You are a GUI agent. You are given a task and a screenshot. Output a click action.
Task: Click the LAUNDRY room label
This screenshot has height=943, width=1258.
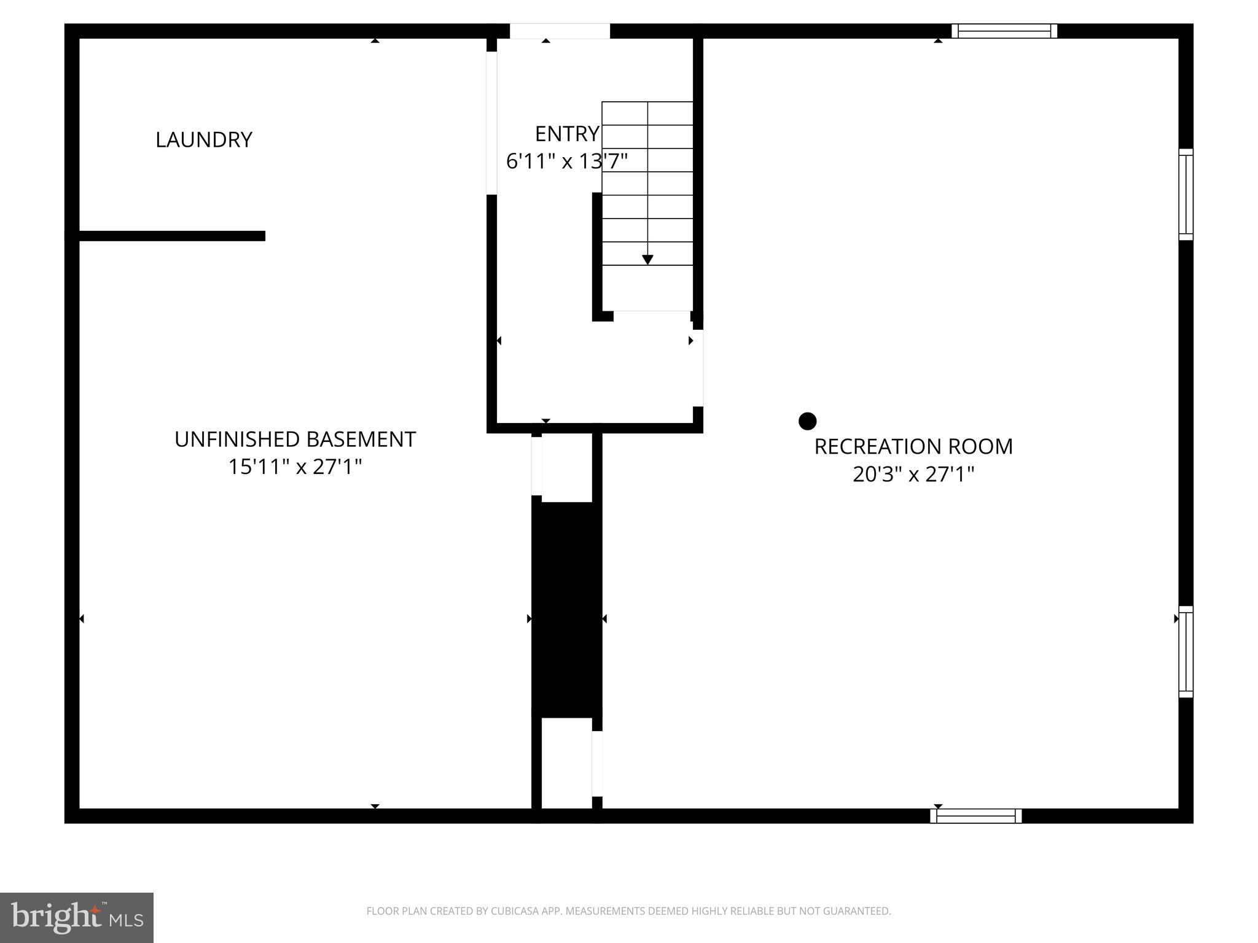pos(203,140)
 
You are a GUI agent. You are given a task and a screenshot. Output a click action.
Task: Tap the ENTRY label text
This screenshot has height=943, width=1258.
pos(566,134)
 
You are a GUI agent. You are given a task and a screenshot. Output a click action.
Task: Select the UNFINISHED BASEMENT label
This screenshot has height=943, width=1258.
pos(295,440)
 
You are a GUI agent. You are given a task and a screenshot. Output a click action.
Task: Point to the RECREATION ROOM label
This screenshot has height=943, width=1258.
pos(913,446)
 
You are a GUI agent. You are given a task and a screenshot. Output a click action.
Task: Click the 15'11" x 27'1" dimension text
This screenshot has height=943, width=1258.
pos(295,467)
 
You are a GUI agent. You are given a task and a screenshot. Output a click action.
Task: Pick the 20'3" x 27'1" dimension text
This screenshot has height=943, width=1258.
pos(913,475)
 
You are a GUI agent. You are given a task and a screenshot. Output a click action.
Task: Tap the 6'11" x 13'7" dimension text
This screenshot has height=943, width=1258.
pos(566,161)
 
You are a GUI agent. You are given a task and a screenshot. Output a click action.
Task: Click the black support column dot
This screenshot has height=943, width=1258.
pos(807,421)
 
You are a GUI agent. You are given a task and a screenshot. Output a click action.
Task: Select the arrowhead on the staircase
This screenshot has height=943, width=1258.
pos(647,260)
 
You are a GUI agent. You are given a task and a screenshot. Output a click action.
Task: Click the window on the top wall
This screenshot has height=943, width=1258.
pos(1004,31)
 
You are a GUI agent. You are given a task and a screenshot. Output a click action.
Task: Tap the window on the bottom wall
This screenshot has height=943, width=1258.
pos(975,816)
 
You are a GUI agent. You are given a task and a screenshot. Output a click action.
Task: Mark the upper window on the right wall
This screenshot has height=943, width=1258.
pos(1186,194)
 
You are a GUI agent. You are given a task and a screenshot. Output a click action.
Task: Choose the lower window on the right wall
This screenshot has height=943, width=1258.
pos(1186,652)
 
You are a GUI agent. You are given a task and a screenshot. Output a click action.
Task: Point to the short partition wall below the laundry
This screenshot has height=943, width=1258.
pos(172,236)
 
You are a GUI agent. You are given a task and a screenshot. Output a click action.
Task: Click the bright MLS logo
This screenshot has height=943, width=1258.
pos(77,918)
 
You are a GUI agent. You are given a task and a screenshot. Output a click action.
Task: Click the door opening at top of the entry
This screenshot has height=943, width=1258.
pos(560,31)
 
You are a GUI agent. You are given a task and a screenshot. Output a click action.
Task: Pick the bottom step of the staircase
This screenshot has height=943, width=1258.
pos(647,289)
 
